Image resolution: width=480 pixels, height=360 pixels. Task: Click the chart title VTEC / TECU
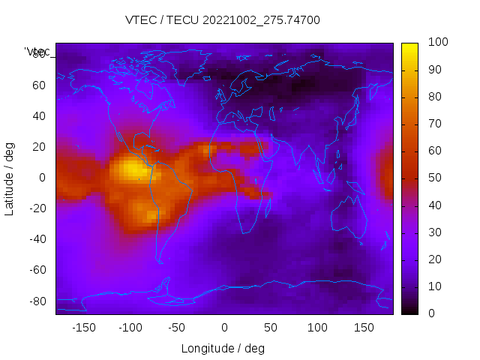pos(223,20)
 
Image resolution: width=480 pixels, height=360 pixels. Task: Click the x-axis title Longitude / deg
pos(223,348)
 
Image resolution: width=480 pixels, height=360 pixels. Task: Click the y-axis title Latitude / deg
pos(10,178)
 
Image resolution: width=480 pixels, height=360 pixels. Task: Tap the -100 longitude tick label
pos(130,328)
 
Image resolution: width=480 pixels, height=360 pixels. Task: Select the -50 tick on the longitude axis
pos(177,328)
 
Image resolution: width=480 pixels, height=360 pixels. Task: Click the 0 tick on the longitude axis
pos(224,328)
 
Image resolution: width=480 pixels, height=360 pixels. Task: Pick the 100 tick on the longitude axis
pos(317,328)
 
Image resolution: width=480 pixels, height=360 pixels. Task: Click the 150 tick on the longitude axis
pos(364,328)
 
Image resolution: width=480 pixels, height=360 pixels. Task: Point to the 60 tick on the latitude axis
pos(39,85)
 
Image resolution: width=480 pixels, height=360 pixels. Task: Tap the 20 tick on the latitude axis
pos(39,146)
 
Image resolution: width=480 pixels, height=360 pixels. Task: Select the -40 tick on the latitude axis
pos(36,239)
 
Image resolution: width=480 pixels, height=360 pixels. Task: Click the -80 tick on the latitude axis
pos(36,301)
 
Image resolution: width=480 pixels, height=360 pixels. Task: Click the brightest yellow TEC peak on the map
pos(133,169)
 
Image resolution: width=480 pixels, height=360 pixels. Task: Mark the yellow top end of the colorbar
pos(409,47)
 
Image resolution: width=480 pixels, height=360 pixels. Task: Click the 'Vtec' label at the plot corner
pos(37,52)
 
